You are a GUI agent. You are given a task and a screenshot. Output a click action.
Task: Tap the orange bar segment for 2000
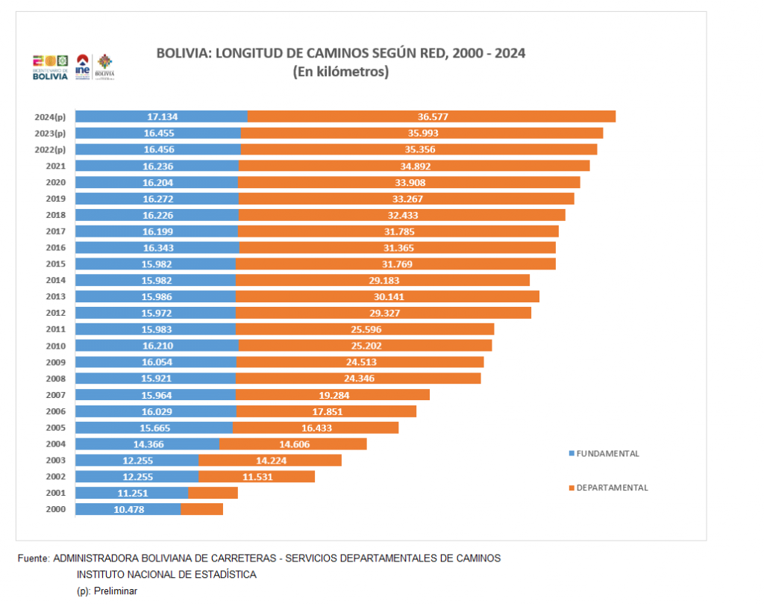[201, 509]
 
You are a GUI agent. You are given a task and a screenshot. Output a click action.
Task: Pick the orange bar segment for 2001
[213, 493]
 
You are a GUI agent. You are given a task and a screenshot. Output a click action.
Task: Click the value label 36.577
[433, 116]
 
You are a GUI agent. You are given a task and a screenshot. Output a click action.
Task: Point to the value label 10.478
[129, 509]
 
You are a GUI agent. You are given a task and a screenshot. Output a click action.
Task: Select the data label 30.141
[387, 296]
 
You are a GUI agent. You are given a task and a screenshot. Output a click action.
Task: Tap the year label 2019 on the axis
[56, 199]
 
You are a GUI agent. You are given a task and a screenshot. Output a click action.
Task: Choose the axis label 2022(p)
[50, 149]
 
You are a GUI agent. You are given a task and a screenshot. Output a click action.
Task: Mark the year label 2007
[56, 395]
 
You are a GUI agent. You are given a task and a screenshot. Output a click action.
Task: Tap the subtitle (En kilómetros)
[340, 72]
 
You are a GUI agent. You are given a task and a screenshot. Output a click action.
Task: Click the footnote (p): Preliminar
[107, 591]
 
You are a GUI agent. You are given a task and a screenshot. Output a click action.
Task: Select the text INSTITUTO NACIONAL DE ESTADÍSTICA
[166, 574]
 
